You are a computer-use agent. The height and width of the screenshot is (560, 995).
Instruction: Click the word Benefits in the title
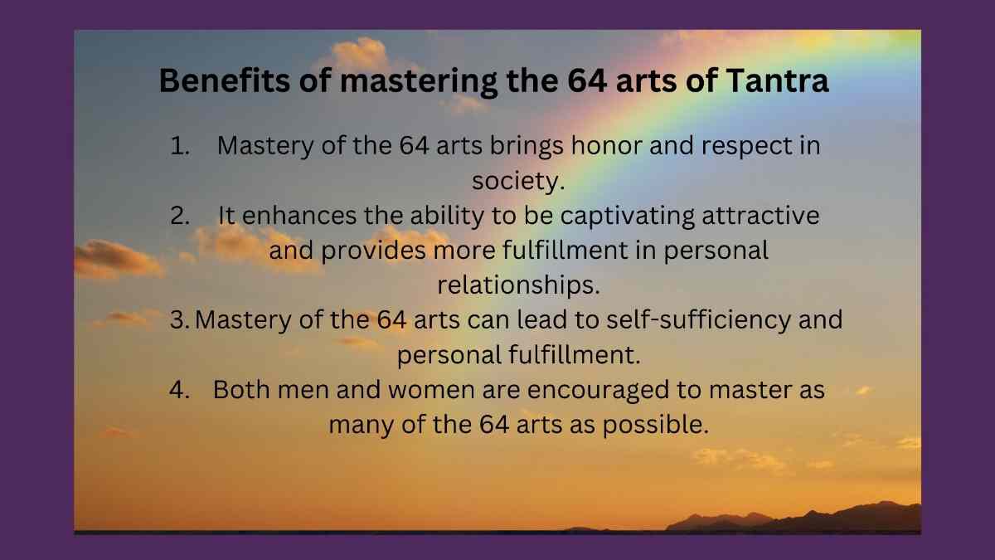tap(225, 80)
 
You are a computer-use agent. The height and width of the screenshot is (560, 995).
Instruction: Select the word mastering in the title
tap(419, 82)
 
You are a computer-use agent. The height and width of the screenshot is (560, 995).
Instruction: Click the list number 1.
tap(179, 146)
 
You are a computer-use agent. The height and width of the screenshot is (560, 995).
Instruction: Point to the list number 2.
tap(180, 216)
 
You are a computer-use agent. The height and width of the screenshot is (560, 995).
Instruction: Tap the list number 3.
tap(179, 319)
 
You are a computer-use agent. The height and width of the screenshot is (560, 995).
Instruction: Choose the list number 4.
tap(179, 390)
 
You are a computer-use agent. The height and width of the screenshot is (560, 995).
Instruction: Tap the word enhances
tap(299, 216)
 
